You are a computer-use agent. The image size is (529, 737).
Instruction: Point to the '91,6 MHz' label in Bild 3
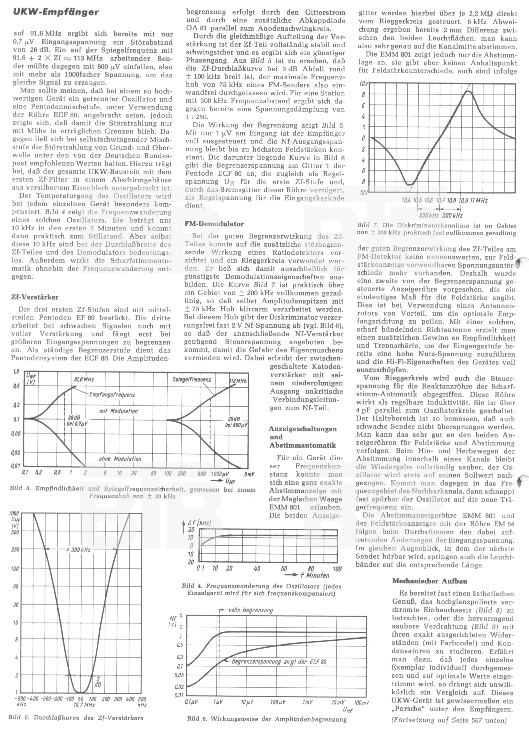[x=84, y=379]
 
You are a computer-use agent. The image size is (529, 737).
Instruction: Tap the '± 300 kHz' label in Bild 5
[x=78, y=550]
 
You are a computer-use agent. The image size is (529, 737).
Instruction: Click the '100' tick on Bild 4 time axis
[x=337, y=569]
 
